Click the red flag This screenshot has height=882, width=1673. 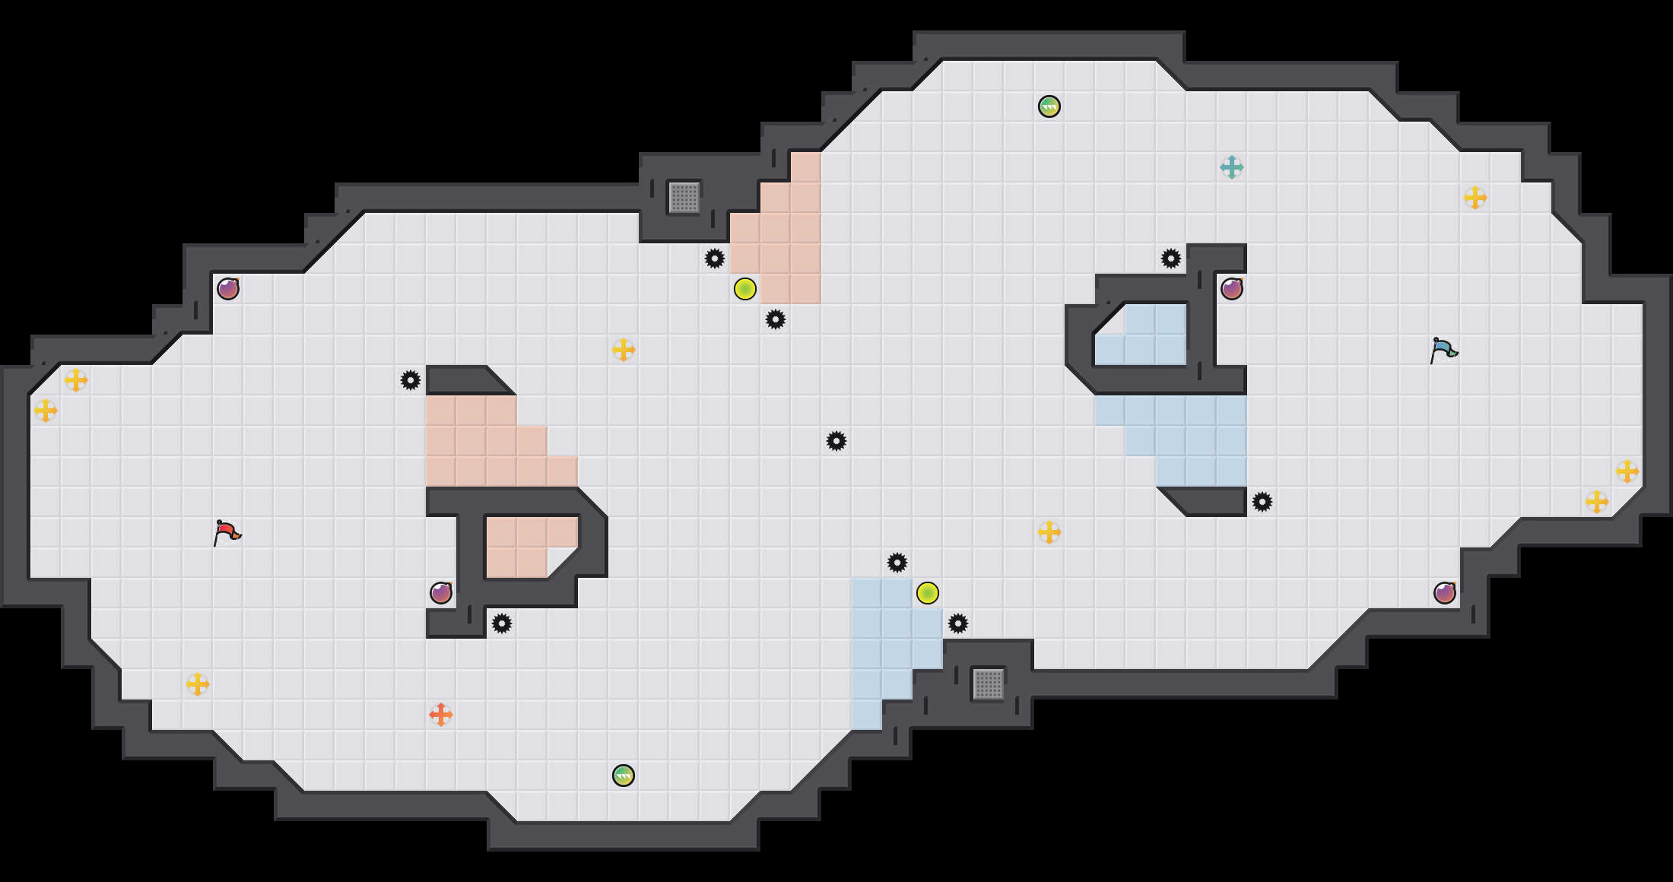(227, 532)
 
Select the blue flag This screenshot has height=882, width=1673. (1443, 350)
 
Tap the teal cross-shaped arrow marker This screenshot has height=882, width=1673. (1231, 167)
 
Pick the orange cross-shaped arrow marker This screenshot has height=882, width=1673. (440, 715)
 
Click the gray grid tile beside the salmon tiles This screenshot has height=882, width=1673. (684, 198)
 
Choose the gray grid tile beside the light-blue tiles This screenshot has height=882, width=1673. (988, 684)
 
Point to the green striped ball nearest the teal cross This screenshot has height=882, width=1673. (1049, 106)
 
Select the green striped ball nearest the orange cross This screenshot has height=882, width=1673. (623, 776)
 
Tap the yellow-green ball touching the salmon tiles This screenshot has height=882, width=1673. (744, 289)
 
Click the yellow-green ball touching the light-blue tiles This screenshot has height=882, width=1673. (927, 593)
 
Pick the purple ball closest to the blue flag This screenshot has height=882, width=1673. (1231, 289)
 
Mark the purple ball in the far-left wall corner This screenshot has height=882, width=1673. (227, 289)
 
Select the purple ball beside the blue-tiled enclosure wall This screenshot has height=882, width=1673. (1231, 289)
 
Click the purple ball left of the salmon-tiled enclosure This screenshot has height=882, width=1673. (440, 593)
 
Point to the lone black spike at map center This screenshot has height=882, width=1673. (836, 441)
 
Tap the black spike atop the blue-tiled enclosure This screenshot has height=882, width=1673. (1170, 259)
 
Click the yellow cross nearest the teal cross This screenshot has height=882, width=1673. (1475, 198)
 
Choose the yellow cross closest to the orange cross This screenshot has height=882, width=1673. (197, 684)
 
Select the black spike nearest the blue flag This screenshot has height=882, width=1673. (1262, 502)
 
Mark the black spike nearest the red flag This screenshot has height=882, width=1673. (410, 380)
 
